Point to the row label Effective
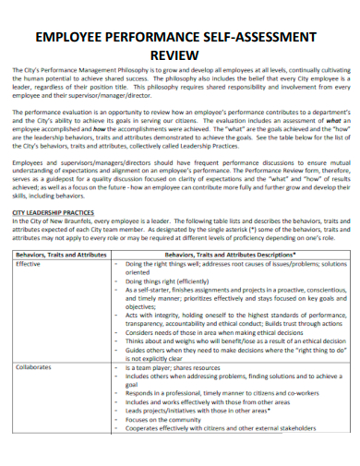pyautogui.click(x=30, y=264)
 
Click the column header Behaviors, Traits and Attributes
pyautogui.click(x=62, y=252)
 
